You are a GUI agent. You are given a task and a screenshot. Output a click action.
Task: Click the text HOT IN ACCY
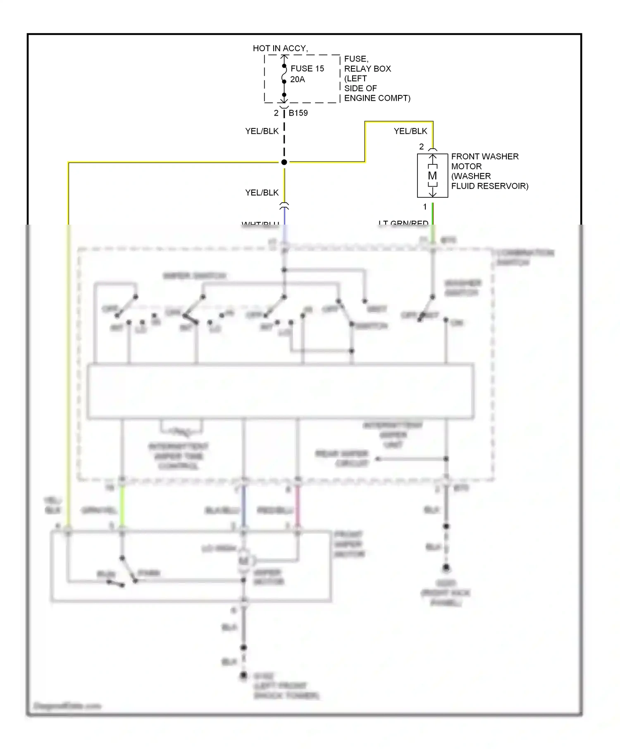point(280,48)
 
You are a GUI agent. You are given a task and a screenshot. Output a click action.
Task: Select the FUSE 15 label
point(307,69)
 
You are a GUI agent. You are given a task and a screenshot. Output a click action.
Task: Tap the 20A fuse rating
point(297,79)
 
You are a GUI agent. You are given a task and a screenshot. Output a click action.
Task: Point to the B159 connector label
point(298,113)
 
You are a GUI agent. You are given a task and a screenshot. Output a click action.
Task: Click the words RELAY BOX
point(367,69)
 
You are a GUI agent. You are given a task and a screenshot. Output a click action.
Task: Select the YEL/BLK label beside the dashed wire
point(262,131)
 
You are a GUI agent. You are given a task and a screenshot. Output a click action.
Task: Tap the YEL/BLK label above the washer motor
point(410,131)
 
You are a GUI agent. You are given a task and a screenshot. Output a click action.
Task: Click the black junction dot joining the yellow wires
point(284,162)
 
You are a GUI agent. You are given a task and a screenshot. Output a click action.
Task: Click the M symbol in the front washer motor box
point(432,175)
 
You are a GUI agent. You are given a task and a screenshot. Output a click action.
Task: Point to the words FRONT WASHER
point(484,156)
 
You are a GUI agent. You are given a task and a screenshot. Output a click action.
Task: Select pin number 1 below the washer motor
point(424,206)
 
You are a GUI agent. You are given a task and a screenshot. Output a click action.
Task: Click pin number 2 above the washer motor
point(421,147)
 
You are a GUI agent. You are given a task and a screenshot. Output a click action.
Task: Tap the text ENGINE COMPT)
point(377,98)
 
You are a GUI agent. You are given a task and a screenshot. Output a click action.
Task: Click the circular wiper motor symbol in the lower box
point(244,561)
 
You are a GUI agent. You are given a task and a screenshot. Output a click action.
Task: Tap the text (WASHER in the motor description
point(471,176)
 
